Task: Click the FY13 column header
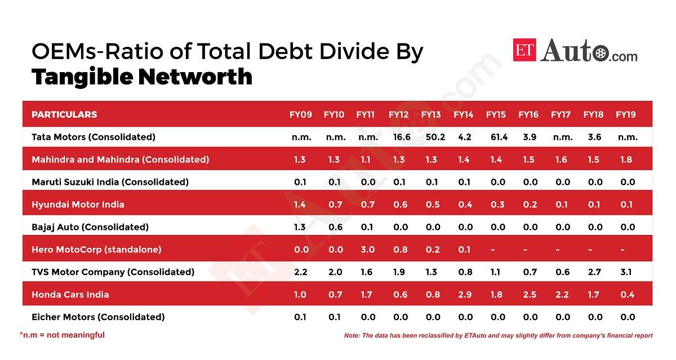431,114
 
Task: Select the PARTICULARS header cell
64,114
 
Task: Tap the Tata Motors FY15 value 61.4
496,137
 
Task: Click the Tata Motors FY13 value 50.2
431,137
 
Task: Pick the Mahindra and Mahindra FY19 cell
626,159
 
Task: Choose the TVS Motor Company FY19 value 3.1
626,272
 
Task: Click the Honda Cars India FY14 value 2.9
463,295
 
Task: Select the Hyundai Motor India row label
78,205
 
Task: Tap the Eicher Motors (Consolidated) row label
98,317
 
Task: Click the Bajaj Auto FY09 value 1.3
300,227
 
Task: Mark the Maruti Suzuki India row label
110,182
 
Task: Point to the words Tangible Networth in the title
141,77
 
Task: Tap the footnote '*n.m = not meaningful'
63,335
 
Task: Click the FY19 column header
626,114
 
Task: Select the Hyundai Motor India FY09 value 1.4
300,205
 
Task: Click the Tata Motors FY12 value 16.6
398,137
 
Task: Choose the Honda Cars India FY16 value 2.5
528,295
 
